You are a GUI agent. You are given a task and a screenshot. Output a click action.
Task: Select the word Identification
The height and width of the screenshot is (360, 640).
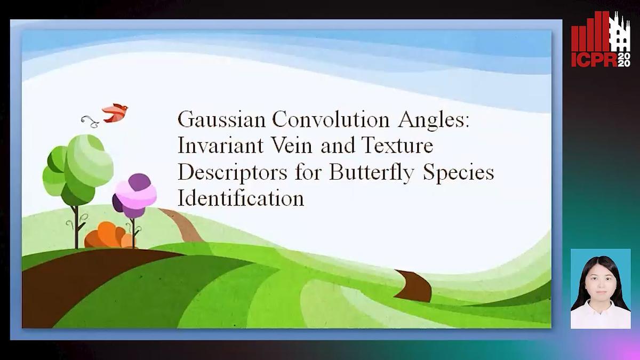point(241,198)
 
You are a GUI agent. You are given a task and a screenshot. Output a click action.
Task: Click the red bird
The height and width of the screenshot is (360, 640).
point(115,113)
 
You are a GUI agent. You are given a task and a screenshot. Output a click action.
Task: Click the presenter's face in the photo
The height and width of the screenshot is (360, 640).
point(600,277)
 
